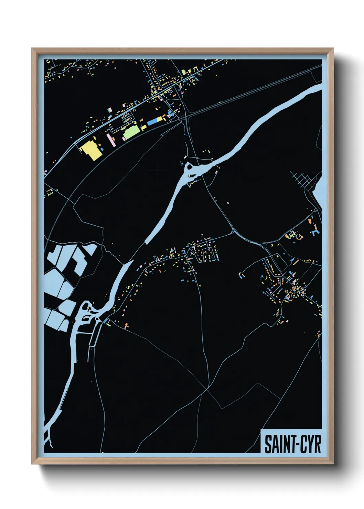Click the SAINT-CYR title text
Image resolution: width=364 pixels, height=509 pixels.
pos(292,444)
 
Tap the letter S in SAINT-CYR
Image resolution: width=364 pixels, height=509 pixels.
pos(268,444)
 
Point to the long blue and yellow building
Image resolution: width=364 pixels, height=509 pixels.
pos(155,121)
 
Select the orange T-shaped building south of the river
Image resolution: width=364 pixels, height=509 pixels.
pos(126,325)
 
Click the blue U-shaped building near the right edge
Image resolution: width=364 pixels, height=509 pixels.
pos(315,232)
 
